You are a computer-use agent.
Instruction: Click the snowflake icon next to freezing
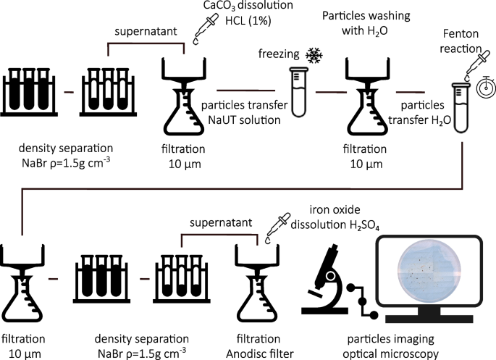click(x=314, y=55)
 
